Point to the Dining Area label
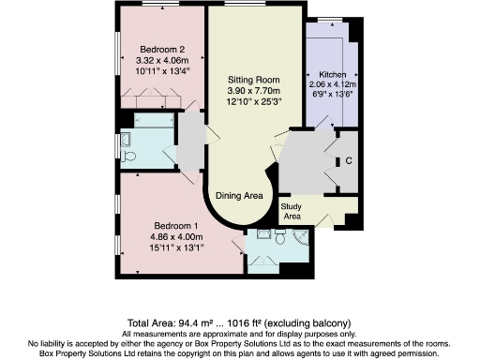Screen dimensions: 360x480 (239, 195)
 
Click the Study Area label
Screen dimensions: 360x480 (292, 211)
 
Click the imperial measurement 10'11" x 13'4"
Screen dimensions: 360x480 (162, 69)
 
